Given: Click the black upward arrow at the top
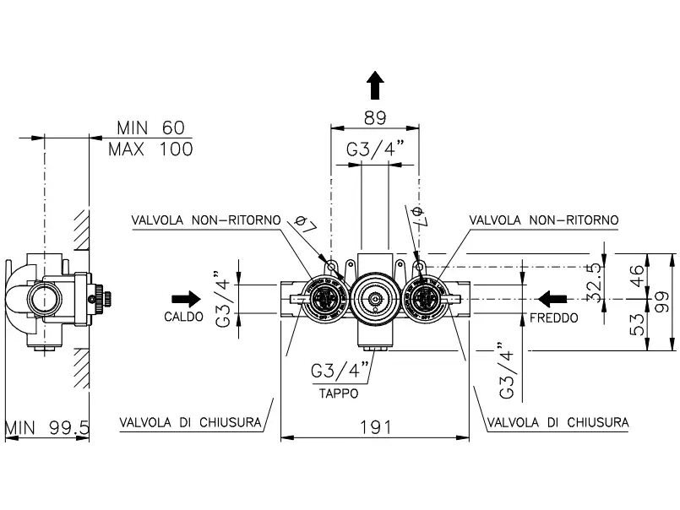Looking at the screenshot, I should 376,86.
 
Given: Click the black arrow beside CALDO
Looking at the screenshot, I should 185,298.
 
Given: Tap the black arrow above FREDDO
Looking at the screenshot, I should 554,298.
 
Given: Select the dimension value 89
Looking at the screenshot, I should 375,118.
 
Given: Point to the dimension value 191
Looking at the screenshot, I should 375,426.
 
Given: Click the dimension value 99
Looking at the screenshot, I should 662,300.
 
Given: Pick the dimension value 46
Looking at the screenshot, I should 639,275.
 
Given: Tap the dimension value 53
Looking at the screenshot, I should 639,324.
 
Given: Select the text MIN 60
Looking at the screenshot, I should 150,128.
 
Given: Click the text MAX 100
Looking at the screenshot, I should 150,149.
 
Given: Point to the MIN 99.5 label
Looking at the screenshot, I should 47,427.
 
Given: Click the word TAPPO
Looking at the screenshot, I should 338,393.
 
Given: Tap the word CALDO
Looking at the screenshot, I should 183,318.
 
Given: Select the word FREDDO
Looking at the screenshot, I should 554,318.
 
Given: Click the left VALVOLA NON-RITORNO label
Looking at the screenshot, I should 206,220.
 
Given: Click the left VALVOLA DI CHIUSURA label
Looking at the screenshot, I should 190,421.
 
